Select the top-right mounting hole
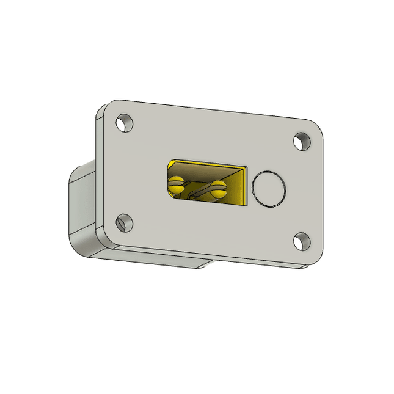pyautogui.click(x=302, y=142)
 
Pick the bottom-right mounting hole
pyautogui.click(x=301, y=241)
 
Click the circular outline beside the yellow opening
pyautogui.click(x=269, y=189)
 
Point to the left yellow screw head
pyautogui.click(x=177, y=184)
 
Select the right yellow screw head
pyautogui.click(x=217, y=188)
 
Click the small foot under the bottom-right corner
pyautogui.click(x=303, y=267)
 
